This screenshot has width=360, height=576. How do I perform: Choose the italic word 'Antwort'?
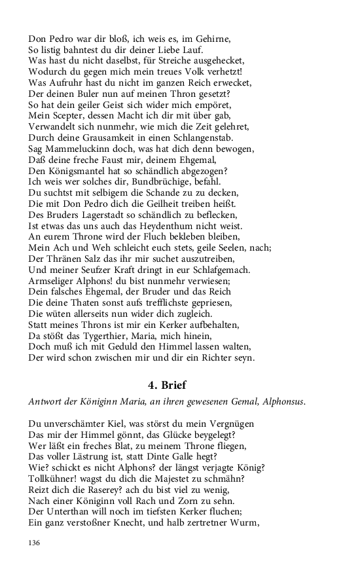pyautogui.click(x=46, y=401)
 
